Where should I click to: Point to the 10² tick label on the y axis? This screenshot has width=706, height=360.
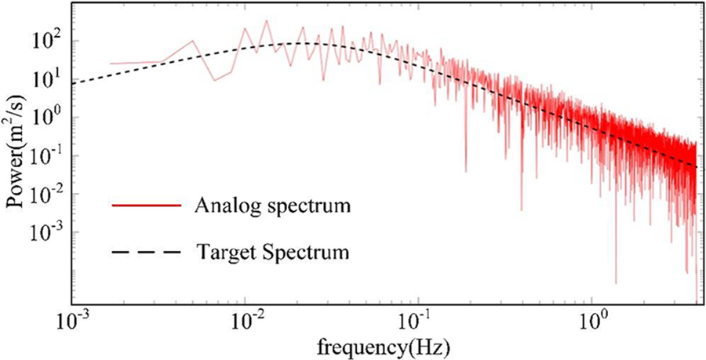click(46, 40)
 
